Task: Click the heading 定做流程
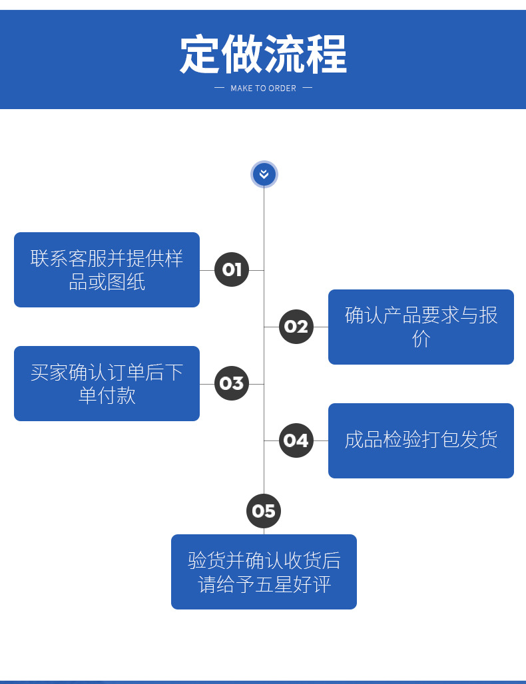[x=263, y=55]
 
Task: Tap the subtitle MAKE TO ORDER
[x=263, y=88]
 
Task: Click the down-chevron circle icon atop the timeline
[x=264, y=174]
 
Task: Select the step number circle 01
[x=232, y=269]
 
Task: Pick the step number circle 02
[x=296, y=327]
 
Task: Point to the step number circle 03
[x=232, y=383]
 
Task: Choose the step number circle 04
[x=296, y=440]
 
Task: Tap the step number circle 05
[x=264, y=511]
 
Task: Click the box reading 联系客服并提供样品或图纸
[x=107, y=269]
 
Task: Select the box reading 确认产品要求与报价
[x=421, y=327]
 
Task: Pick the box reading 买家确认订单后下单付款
[x=107, y=383]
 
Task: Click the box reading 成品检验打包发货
[x=421, y=440]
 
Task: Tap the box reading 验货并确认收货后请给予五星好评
[x=264, y=572]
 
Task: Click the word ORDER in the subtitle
[x=282, y=88]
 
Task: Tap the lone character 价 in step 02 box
[x=421, y=339]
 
